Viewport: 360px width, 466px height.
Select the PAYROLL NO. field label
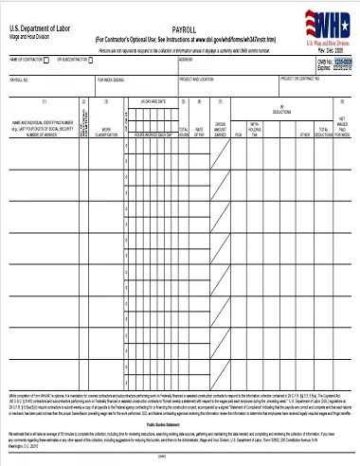pos(20,81)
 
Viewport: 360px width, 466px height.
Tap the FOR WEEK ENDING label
pos(111,81)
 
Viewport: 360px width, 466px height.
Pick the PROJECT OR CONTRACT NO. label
pos(301,80)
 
